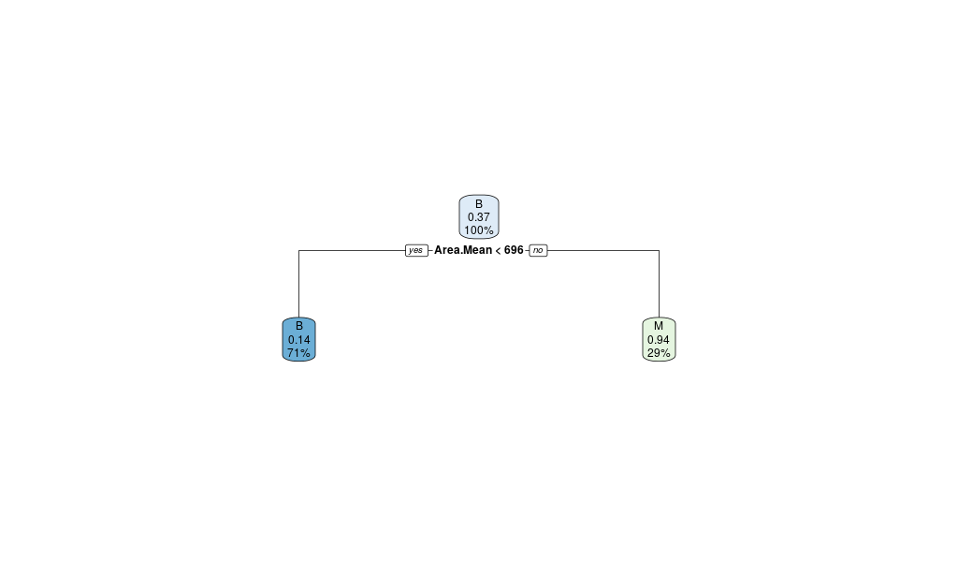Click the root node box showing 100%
pyautogui.click(x=479, y=216)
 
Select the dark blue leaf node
pyautogui.click(x=298, y=339)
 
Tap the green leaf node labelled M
pyautogui.click(x=659, y=339)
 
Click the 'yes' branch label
pyautogui.click(x=416, y=250)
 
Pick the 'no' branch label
pyautogui.click(x=538, y=250)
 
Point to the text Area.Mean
pyautogui.click(x=463, y=250)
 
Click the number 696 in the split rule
pyautogui.click(x=514, y=250)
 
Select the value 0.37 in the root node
pyautogui.click(x=479, y=217)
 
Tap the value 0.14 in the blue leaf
pyautogui.click(x=298, y=339)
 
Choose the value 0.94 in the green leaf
pyautogui.click(x=659, y=339)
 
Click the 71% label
pyautogui.click(x=298, y=352)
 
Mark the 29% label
pyautogui.click(x=659, y=352)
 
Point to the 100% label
pyautogui.click(x=479, y=230)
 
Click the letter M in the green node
pyautogui.click(x=659, y=326)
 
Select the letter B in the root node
pyautogui.click(x=479, y=204)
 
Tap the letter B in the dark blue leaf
pyautogui.click(x=298, y=326)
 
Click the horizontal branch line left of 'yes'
pyautogui.click(x=351, y=250)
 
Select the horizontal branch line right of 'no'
pyautogui.click(x=603, y=250)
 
